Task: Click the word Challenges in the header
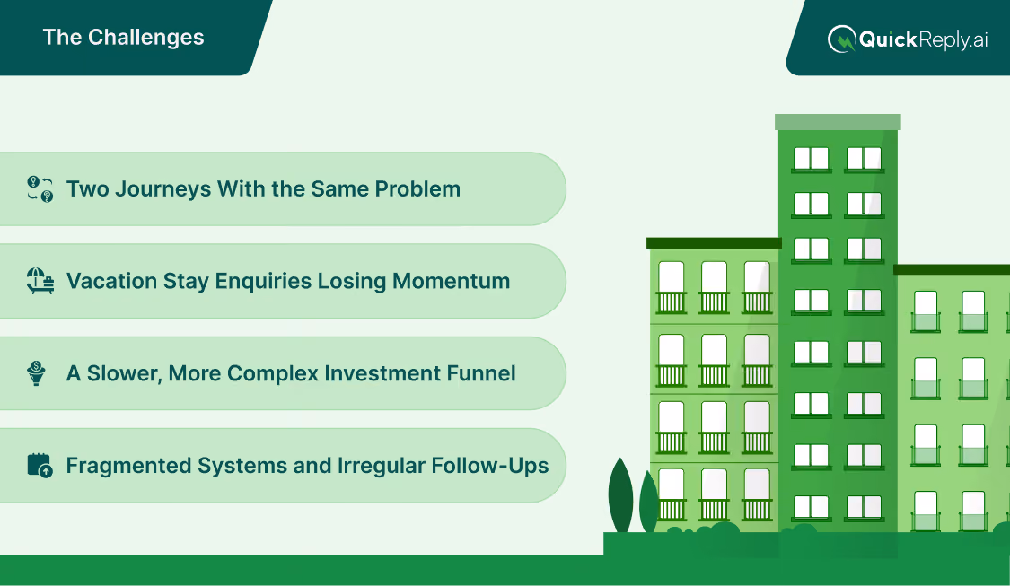click(145, 38)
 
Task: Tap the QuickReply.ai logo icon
click(841, 39)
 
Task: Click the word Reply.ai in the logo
click(953, 39)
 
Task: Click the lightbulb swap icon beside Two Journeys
click(40, 188)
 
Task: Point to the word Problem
click(417, 188)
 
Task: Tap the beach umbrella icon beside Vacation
click(40, 281)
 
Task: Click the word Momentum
click(451, 281)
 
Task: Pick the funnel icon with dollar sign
click(37, 372)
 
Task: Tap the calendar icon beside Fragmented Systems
click(40, 465)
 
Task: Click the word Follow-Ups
click(490, 466)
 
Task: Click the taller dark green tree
click(621, 496)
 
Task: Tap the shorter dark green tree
click(648, 503)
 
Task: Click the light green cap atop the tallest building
click(838, 122)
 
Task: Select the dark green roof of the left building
click(714, 243)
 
